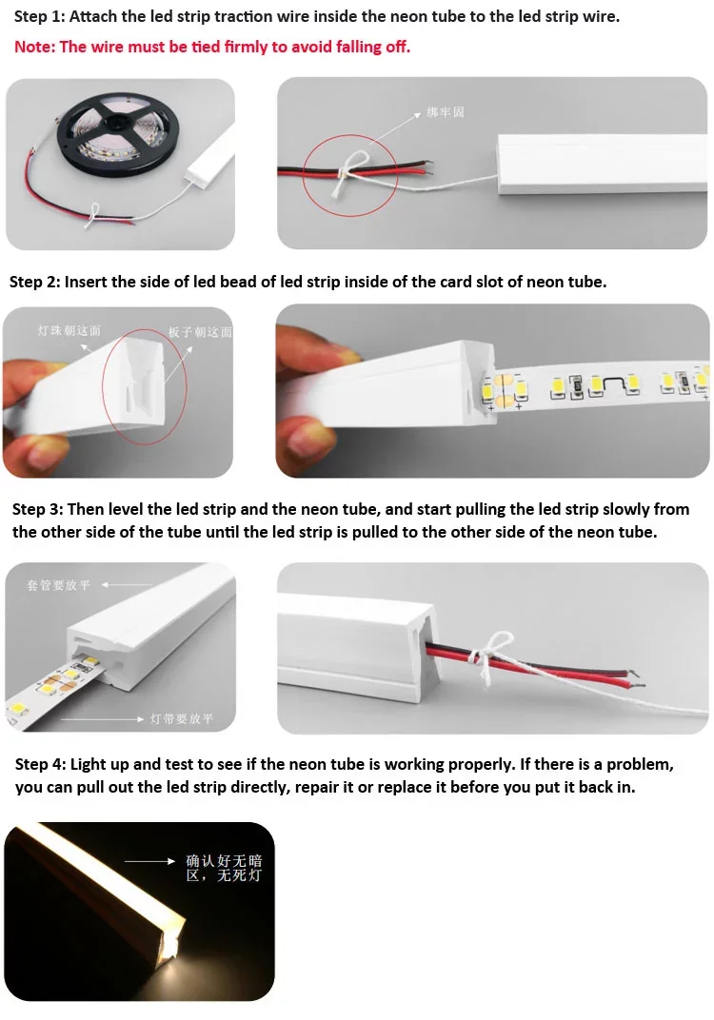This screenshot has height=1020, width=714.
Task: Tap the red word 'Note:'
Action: tap(35, 47)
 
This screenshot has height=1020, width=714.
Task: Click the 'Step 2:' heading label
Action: tap(34, 282)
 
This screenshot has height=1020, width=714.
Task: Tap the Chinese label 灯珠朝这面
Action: tap(69, 330)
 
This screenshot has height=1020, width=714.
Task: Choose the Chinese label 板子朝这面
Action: tap(201, 332)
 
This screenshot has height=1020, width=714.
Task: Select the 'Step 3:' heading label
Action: tap(38, 509)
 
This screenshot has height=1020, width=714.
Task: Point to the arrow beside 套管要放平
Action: tap(126, 584)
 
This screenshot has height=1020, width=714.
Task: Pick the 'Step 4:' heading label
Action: tap(40, 765)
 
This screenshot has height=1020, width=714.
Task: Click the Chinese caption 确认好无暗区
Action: tap(224, 868)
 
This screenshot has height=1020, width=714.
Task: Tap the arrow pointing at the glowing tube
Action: tap(151, 861)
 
